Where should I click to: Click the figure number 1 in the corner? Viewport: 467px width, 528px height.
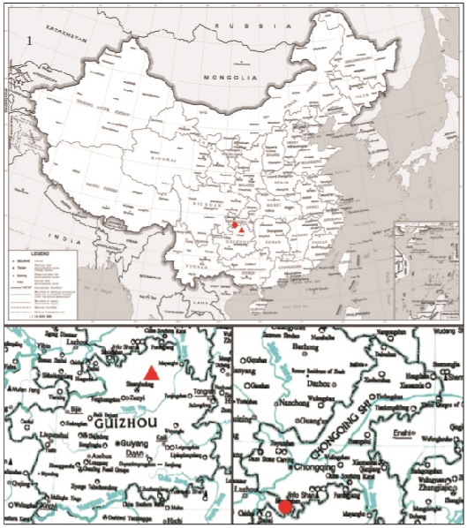[x=32, y=39]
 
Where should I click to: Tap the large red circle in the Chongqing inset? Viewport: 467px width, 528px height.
[x=285, y=506]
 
